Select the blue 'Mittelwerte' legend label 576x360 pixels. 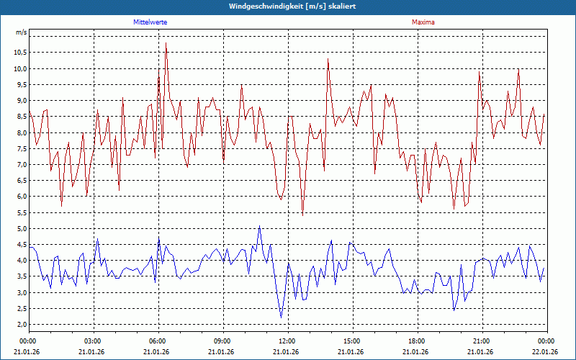150,22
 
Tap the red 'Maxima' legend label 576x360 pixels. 423,22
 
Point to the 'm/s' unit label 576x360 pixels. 21,33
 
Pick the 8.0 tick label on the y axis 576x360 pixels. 20,132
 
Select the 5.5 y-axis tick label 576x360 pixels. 20,212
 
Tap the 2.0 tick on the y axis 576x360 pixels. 20,325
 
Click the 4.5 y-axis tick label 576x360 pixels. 20,245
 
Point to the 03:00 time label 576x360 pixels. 93,341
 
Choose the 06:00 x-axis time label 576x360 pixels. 158,341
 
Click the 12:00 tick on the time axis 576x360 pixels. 287,341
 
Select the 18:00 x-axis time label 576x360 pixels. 417,341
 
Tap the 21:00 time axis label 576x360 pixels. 482,341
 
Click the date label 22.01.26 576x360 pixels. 545,351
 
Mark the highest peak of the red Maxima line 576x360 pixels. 166,42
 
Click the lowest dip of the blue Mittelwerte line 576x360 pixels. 281,318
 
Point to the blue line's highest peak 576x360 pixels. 259,226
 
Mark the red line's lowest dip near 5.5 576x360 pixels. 302,215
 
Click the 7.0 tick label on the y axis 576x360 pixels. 20,165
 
